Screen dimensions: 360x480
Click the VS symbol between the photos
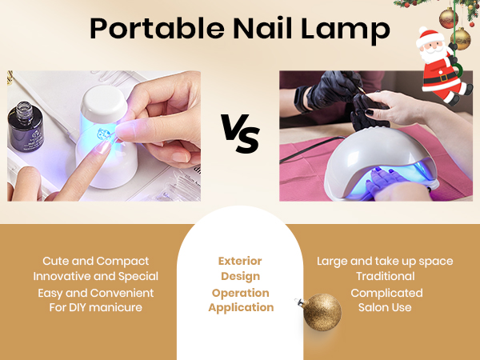pos(239,134)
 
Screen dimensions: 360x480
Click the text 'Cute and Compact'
pos(96,261)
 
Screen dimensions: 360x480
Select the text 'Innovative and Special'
pos(96,276)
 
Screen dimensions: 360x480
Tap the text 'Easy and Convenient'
pos(96,293)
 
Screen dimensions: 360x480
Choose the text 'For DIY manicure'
pos(96,308)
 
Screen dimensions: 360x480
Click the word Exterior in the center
pos(240,262)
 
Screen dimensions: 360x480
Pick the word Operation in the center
pos(240,293)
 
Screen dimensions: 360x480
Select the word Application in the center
pos(240,308)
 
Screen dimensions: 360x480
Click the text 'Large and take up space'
pos(385,261)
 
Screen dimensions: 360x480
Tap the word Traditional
pos(386,276)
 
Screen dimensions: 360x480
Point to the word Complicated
pos(386,293)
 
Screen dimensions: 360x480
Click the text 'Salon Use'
pos(386,308)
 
